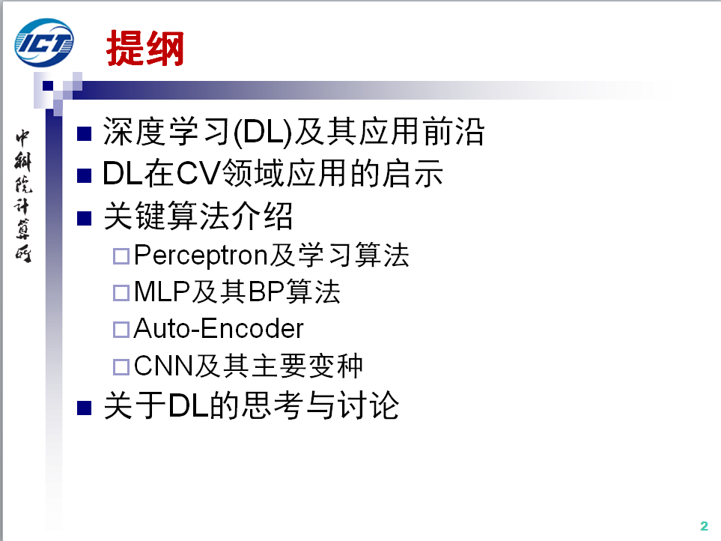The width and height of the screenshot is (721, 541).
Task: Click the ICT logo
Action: (x=44, y=43)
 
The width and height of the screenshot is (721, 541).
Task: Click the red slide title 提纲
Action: (x=145, y=48)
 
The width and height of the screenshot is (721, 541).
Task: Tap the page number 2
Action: (x=704, y=526)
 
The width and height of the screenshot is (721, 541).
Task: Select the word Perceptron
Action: (x=201, y=256)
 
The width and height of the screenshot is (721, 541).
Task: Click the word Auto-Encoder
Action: (x=219, y=328)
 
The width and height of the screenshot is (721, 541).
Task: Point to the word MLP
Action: (x=162, y=291)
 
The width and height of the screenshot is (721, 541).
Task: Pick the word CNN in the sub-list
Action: (x=164, y=366)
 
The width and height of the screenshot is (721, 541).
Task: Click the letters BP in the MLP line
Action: (x=267, y=291)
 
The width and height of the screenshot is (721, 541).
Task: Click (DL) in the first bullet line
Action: (x=263, y=132)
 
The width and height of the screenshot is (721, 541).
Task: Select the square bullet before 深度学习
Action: (x=84, y=133)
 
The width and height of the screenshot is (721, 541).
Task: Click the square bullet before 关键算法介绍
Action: (x=84, y=218)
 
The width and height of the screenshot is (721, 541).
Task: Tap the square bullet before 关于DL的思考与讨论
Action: (x=84, y=408)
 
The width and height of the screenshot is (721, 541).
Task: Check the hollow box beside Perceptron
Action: (x=121, y=256)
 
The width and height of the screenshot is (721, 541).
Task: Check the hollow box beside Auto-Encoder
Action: (x=121, y=330)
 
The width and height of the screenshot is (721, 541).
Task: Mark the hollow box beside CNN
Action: (x=121, y=367)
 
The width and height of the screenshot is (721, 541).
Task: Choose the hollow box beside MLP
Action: (x=121, y=293)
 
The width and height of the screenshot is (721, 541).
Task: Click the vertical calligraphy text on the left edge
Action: (x=23, y=196)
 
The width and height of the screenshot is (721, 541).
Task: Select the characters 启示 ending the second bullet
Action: (x=413, y=173)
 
